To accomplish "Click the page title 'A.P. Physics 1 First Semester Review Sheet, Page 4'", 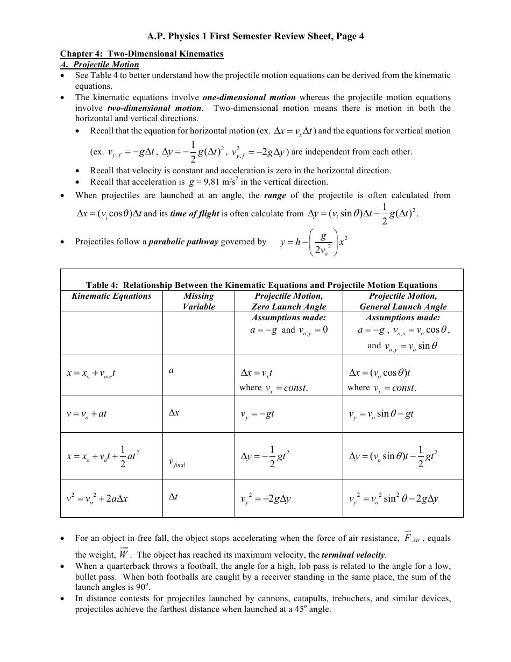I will tap(256, 37).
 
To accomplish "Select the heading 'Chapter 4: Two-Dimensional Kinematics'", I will tap(141, 54).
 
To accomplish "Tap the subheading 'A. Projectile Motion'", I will tap(100, 65).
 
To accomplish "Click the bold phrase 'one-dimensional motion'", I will tap(249, 97).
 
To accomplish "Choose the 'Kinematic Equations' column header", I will tap(112, 296).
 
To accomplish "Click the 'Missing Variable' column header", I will tap(198, 301).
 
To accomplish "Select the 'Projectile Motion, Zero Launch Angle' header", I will tap(289, 301).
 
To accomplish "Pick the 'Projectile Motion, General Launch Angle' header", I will tap(403, 301).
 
